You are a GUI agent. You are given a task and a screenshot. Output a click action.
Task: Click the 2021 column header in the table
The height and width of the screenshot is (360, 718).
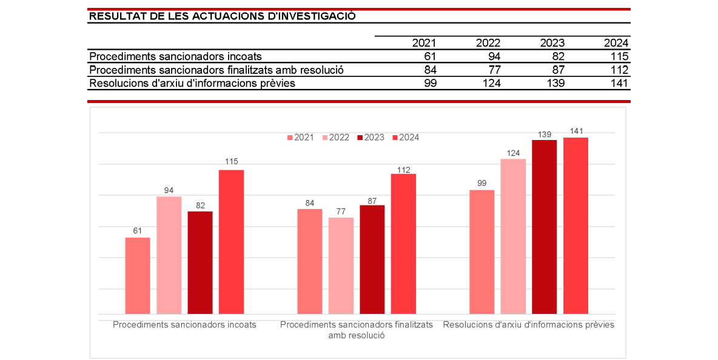click(x=424, y=43)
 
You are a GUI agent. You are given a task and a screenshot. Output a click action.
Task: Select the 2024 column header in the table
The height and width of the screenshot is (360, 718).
click(x=616, y=43)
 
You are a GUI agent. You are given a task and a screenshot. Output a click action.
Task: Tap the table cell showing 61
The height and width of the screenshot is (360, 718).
click(x=429, y=56)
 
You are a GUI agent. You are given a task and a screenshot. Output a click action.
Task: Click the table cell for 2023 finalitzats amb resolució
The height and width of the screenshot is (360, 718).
click(x=555, y=70)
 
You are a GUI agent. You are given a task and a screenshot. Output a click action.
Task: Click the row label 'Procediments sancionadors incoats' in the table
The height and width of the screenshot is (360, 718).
click(x=175, y=56)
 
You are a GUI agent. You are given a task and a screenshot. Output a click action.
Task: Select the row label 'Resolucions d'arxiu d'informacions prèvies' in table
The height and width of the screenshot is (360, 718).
click(x=192, y=83)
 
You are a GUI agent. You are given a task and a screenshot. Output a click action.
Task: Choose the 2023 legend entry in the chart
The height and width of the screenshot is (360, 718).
click(x=370, y=138)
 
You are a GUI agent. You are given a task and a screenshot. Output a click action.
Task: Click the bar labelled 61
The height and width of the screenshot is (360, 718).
click(x=138, y=275)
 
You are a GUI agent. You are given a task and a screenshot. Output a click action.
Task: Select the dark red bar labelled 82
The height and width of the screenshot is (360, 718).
click(x=200, y=262)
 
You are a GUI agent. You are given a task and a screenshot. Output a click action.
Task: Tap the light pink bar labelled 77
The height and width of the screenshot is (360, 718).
click(x=341, y=265)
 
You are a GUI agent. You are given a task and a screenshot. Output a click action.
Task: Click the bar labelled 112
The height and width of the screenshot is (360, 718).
click(x=403, y=243)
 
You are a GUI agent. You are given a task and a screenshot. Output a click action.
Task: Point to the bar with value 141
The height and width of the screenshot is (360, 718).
click(x=575, y=225)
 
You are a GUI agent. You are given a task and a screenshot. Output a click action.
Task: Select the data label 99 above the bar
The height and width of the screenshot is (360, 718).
click(x=482, y=183)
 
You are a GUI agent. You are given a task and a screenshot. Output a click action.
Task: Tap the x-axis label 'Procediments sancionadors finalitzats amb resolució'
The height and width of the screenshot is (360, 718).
click(x=357, y=330)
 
